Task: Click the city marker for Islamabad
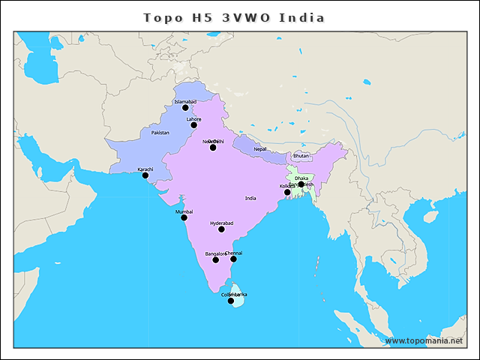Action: point(185,108)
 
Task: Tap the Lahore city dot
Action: point(193,124)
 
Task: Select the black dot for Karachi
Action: point(145,175)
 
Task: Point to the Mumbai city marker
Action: point(184,217)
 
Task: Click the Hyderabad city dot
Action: point(221,229)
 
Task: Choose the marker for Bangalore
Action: point(215,259)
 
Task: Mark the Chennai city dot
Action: point(233,259)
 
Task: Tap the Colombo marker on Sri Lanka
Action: point(231,301)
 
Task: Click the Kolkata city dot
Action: point(287,192)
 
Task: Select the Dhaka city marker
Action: point(301,184)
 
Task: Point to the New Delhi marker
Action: point(213,147)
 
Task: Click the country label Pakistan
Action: point(160,133)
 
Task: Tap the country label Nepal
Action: point(260,149)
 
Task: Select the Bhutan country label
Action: point(301,156)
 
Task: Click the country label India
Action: point(250,198)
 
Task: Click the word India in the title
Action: point(301,17)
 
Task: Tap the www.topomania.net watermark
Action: point(424,340)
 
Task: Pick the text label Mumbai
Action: point(184,211)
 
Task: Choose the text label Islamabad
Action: point(185,101)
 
